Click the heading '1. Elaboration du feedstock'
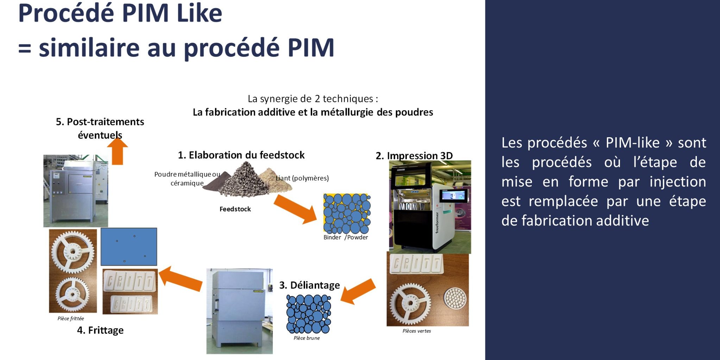pyautogui.click(x=241, y=155)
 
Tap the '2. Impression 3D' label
pyautogui.click(x=414, y=156)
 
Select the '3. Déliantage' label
pyautogui.click(x=310, y=285)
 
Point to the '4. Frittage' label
pyautogui.click(x=100, y=330)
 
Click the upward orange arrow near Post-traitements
pyautogui.click(x=118, y=151)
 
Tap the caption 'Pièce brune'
pyautogui.click(x=307, y=338)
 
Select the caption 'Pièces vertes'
pyautogui.click(x=417, y=331)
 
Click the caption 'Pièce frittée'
pyautogui.click(x=71, y=318)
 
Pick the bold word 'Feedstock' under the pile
pyautogui.click(x=235, y=209)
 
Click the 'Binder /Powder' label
pyautogui.click(x=346, y=237)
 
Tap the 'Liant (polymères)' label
pyautogui.click(x=302, y=178)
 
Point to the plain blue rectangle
pyautogui.click(x=129, y=247)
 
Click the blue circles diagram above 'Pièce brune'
pyautogui.click(x=309, y=314)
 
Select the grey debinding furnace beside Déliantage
pyautogui.click(x=239, y=311)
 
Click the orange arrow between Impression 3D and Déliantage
pyautogui.click(x=358, y=291)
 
